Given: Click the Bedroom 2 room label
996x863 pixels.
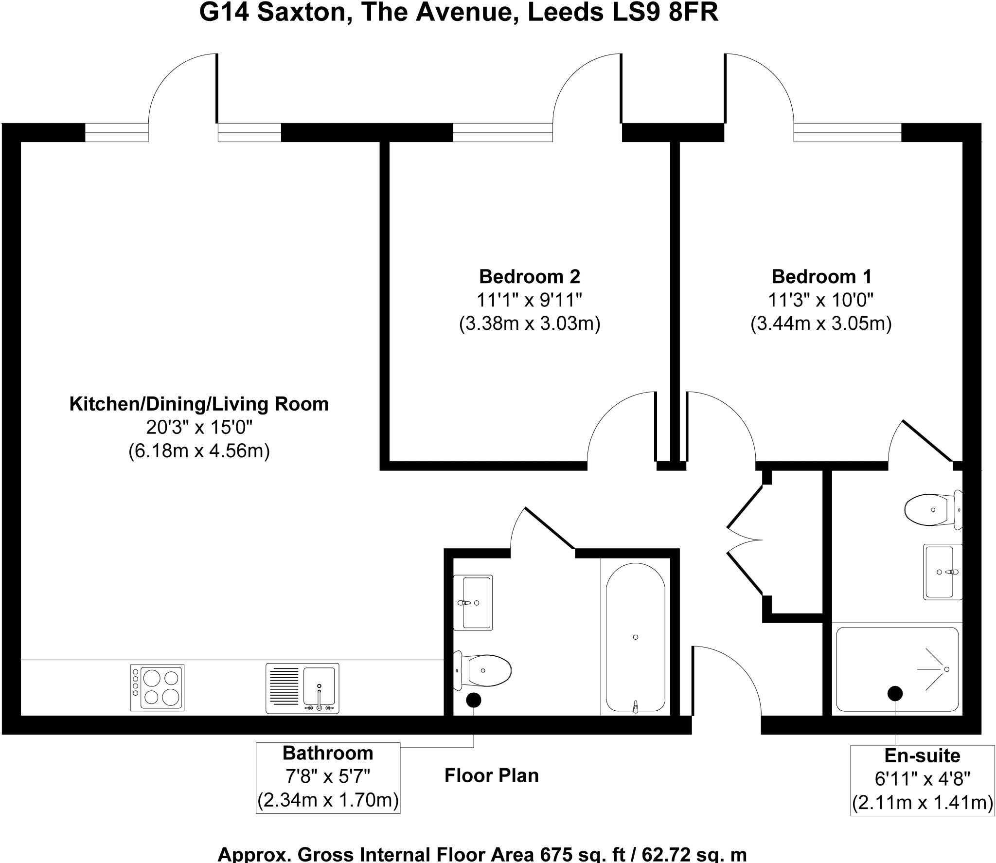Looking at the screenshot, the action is (x=530, y=277).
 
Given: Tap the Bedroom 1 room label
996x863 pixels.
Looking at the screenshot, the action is (x=821, y=277).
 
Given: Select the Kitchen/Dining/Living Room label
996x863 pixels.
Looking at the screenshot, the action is (x=199, y=404).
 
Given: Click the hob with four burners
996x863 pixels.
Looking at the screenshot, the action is (x=158, y=688).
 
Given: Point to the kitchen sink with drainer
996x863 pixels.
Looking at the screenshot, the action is (x=302, y=688).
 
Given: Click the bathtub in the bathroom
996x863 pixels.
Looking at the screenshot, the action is (x=636, y=638).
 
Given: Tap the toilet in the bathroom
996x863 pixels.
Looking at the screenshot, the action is (x=482, y=670).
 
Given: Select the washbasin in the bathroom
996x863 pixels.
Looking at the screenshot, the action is (x=473, y=603).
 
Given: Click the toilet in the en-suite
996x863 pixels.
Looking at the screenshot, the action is (x=933, y=509).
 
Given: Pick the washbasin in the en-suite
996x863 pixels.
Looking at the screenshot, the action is (x=943, y=572).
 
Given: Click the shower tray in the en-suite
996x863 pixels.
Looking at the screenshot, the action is (x=897, y=669).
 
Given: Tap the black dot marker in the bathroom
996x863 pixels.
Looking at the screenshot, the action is (x=474, y=700).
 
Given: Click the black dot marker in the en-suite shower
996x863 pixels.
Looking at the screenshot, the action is (x=895, y=694).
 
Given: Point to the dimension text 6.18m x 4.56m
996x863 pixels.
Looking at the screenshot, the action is (x=199, y=451).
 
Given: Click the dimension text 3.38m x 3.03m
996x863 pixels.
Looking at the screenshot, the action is (x=530, y=324).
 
